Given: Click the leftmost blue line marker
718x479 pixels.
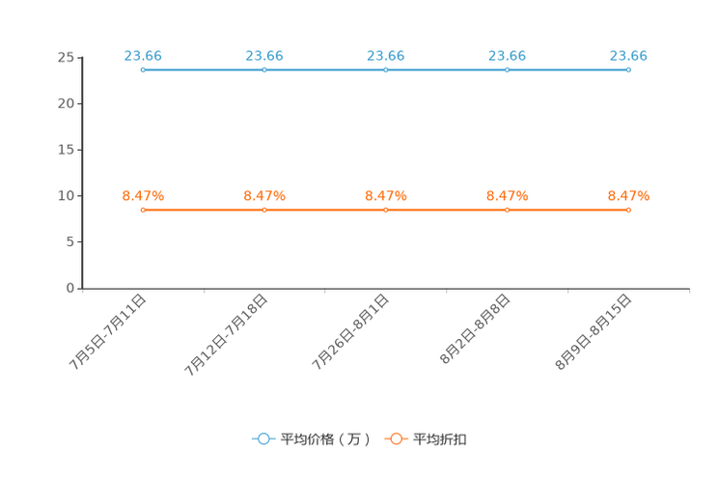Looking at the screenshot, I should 143,70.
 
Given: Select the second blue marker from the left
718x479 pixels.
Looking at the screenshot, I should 264,70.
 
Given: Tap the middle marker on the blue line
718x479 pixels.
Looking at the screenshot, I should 385,70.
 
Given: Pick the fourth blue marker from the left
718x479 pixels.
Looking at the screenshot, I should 507,70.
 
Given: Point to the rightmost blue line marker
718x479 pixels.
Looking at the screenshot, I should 628,70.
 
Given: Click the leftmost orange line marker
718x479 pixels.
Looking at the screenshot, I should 143,210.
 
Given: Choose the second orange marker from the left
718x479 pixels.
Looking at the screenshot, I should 264,210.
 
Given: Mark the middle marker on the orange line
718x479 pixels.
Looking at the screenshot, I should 385,210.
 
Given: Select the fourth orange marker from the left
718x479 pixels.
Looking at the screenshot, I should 507,210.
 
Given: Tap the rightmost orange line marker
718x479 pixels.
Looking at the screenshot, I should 628,210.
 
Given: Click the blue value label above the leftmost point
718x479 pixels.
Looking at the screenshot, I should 143,56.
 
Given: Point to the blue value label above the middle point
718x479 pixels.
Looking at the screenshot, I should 385,56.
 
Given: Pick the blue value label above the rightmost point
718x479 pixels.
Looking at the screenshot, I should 628,56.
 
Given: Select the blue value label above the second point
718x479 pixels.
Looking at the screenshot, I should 264,56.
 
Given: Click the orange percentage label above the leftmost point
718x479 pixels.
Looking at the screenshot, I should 143,196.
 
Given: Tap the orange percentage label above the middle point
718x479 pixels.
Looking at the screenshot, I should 385,196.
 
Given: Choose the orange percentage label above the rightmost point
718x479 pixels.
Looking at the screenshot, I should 628,196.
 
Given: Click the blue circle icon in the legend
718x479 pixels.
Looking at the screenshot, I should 263,439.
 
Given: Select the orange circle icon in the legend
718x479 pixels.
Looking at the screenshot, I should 396,439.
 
